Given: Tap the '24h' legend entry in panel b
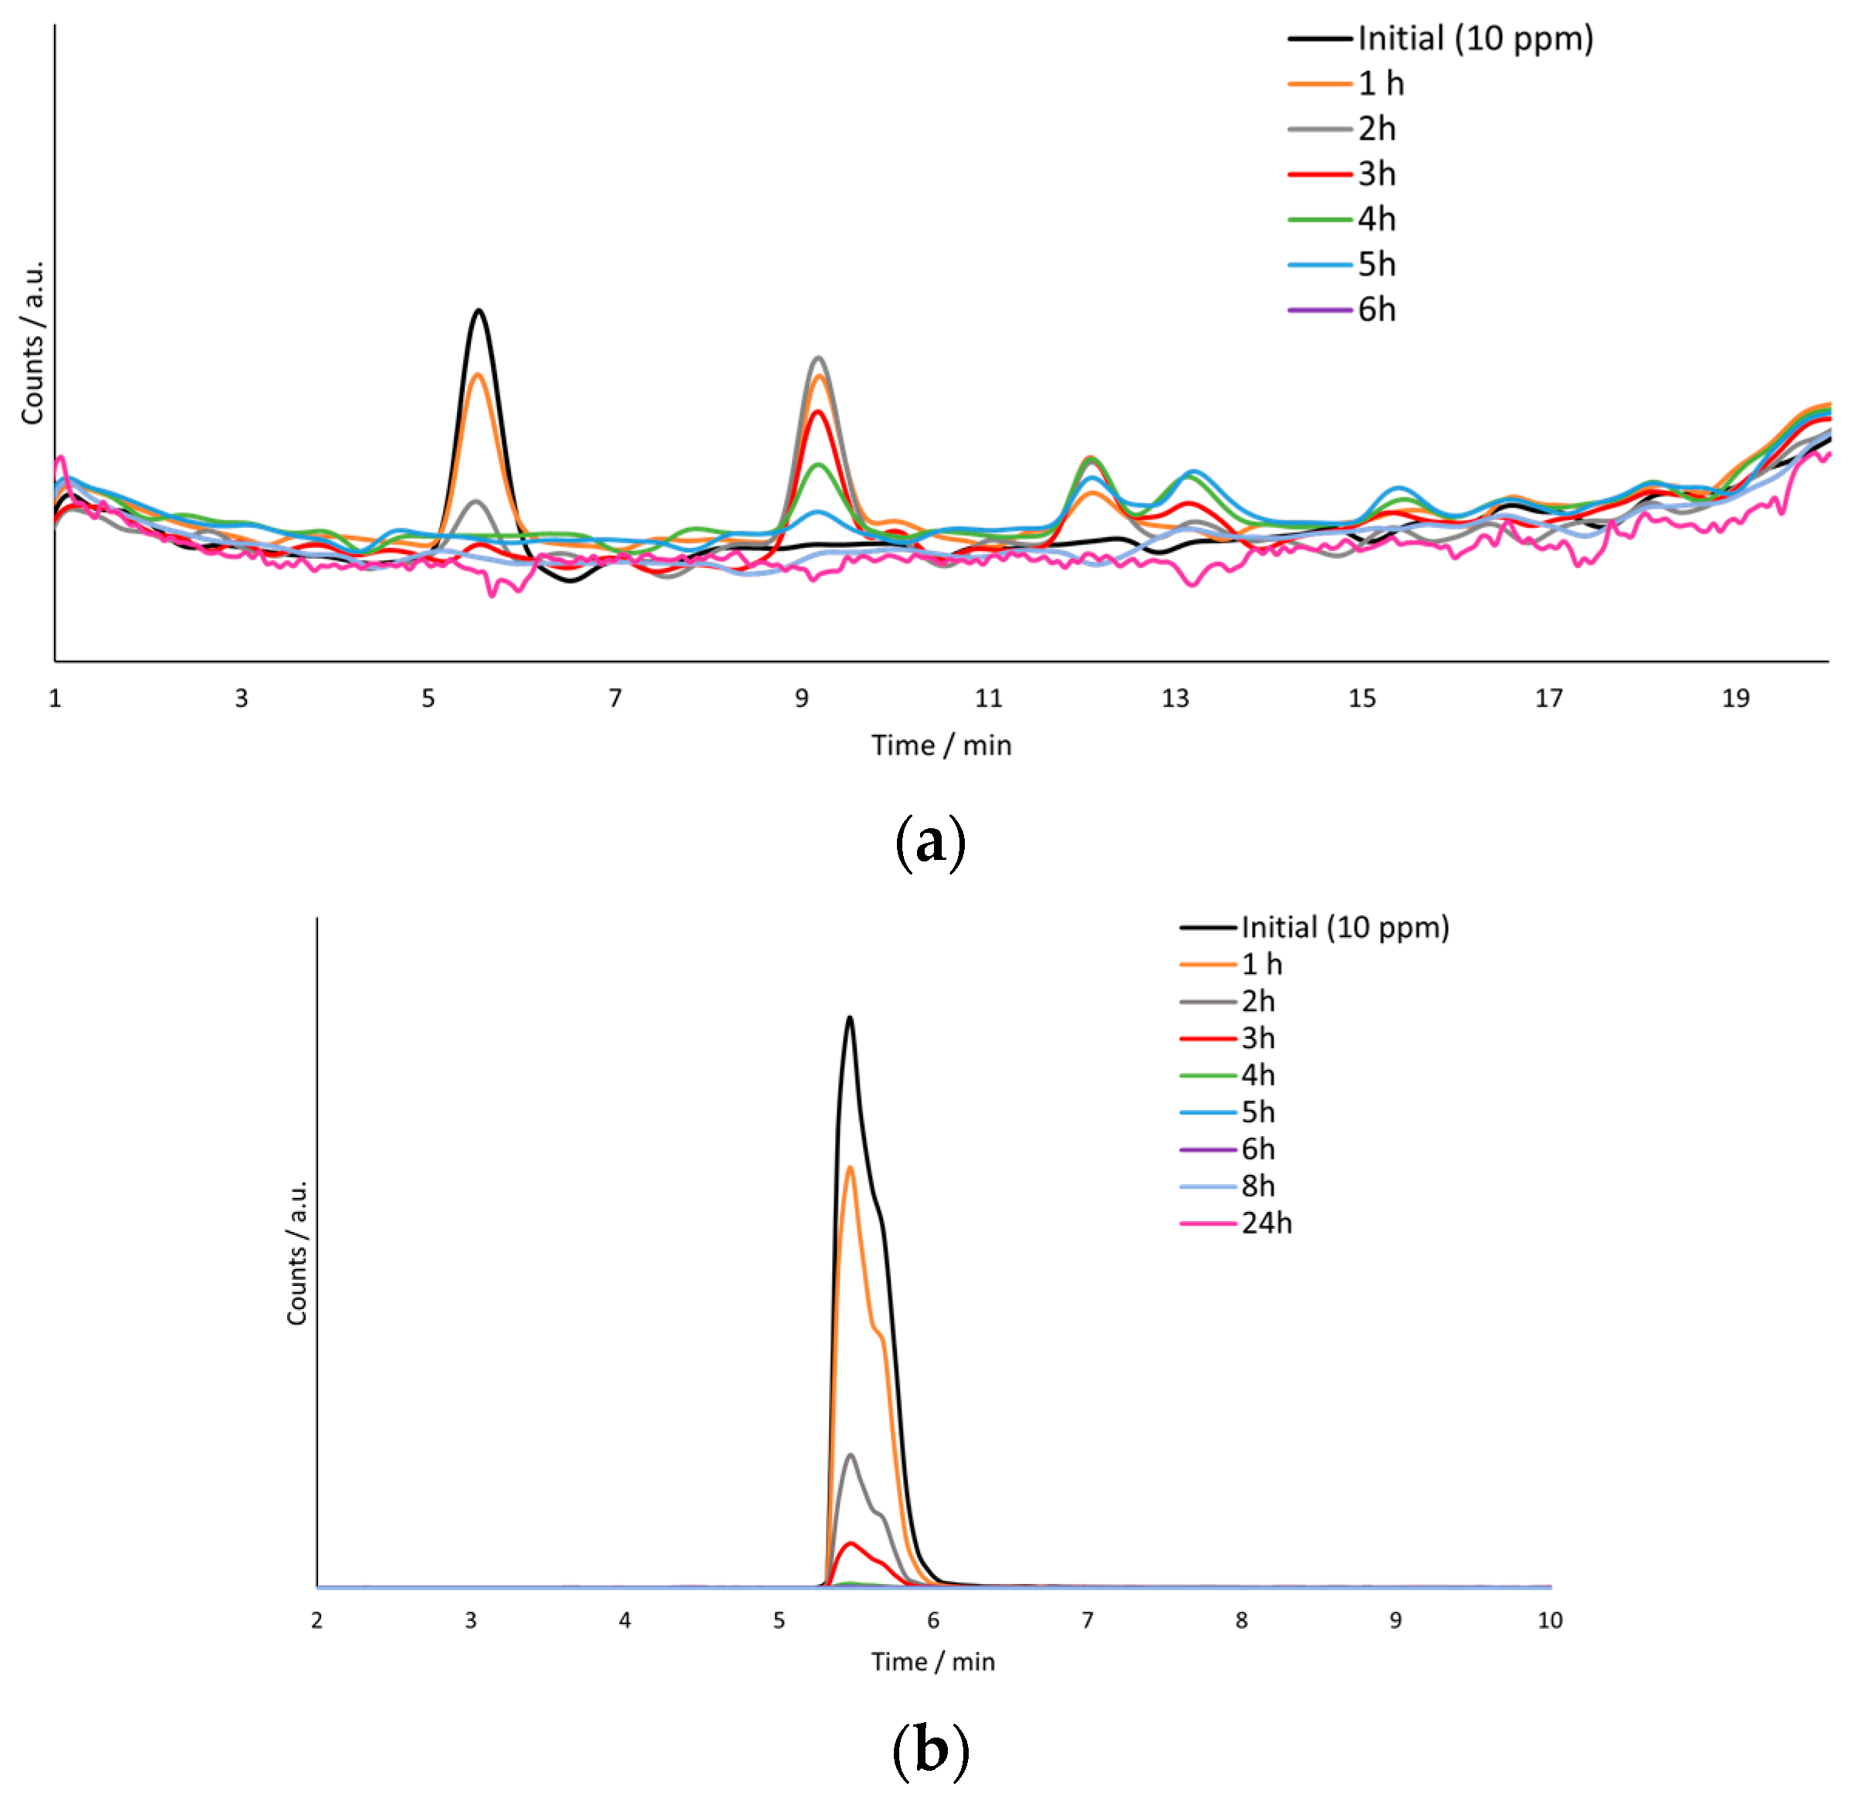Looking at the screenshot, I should pos(1266,1223).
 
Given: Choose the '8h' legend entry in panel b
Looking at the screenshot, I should pos(1257,1186).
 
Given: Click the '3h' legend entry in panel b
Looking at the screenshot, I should pos(1257,1038).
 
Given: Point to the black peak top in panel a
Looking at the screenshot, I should pos(479,311).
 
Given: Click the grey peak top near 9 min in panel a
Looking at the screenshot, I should pos(818,358).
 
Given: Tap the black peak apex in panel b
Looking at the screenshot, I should pos(850,1018).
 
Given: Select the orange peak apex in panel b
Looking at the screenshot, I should pos(850,1167).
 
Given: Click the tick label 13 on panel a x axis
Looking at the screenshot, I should pos(1175,699).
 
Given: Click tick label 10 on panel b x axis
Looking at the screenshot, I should pos(1550,1621).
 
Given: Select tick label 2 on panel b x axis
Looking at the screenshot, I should pos(317,1621).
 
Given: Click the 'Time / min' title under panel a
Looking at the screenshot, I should pos(941,746).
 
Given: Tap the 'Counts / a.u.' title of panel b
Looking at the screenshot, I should pos(297,1253).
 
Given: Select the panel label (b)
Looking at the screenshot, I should pos(931,1750).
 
